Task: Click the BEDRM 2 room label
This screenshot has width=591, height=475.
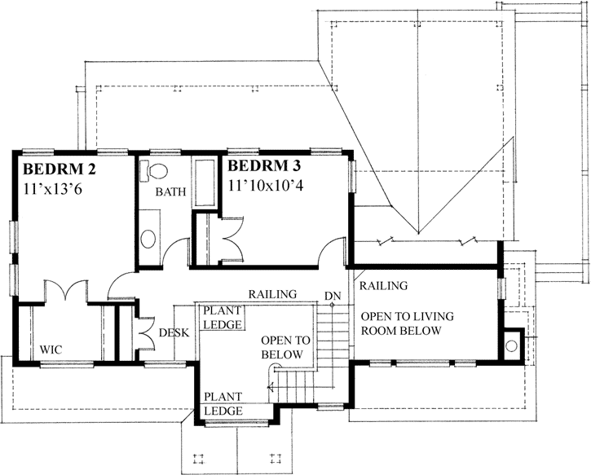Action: click(x=60, y=170)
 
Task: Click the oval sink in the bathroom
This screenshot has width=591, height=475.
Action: click(x=148, y=238)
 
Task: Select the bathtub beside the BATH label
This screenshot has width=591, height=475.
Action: click(x=203, y=183)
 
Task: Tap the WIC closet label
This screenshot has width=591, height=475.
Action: click(x=53, y=350)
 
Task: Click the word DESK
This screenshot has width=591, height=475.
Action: click(x=174, y=332)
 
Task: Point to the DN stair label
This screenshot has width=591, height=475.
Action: click(x=331, y=295)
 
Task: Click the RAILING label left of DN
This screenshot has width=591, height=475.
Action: click(x=272, y=294)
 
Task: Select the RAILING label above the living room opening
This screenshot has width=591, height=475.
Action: click(x=383, y=286)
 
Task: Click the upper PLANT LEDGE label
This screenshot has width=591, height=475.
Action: click(x=221, y=318)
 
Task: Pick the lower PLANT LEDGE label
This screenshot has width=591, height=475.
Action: click(x=223, y=404)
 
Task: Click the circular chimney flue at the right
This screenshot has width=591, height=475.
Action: click(x=511, y=346)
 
